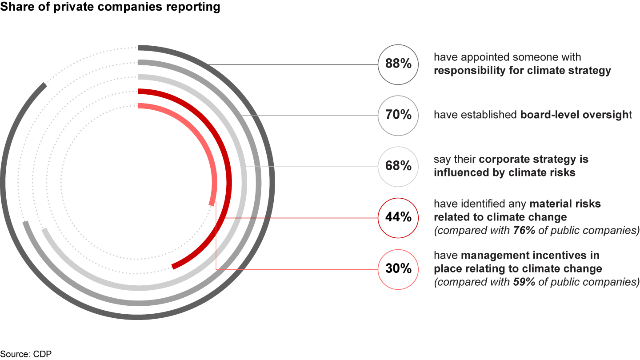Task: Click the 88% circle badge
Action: (398, 64)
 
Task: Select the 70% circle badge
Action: (398, 116)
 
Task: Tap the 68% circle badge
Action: (398, 167)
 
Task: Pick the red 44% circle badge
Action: (398, 218)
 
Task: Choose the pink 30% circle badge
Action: (398, 269)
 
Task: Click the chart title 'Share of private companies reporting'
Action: (110, 7)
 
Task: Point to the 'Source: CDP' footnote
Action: (23, 354)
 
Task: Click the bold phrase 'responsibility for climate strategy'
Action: (522, 71)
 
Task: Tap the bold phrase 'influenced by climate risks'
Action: (504, 172)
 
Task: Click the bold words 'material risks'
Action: (564, 204)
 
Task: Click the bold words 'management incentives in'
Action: (530, 255)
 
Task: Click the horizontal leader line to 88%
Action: (293, 65)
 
